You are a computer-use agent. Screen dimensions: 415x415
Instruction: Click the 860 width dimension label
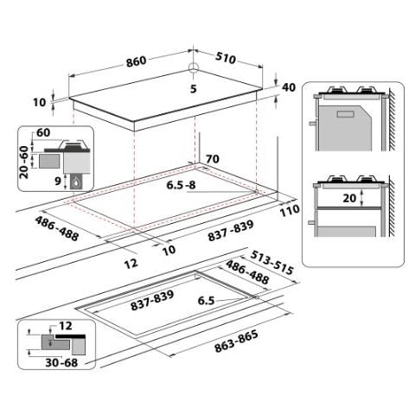[x=137, y=61]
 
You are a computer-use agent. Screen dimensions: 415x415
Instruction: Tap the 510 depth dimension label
[x=226, y=58]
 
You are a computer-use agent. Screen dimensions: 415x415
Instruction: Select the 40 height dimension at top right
[x=289, y=87]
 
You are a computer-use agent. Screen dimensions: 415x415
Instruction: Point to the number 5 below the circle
[x=194, y=89]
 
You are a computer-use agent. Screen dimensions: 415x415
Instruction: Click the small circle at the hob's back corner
[x=194, y=67]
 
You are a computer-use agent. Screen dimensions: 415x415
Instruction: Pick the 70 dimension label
[x=213, y=159]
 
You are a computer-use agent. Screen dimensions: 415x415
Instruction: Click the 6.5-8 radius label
[x=181, y=185]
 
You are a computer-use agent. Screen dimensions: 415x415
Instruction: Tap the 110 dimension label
[x=290, y=210]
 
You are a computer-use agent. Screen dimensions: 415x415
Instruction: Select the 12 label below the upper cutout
[x=131, y=264]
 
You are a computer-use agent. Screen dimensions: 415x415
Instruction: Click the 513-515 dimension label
[x=271, y=263]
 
